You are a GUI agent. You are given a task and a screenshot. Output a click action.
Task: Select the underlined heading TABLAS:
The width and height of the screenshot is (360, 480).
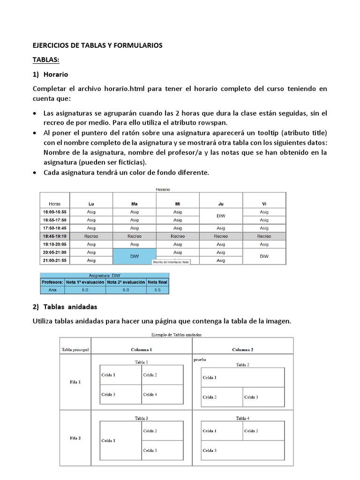pyautogui.click(x=46, y=60)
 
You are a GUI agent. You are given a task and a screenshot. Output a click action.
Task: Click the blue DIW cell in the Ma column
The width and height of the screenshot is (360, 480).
pyautogui.click(x=134, y=256)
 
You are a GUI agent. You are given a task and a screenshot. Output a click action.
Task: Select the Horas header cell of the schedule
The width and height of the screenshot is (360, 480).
pyautogui.click(x=54, y=204)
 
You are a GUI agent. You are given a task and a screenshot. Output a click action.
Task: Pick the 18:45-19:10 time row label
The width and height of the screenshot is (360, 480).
pyautogui.click(x=55, y=236)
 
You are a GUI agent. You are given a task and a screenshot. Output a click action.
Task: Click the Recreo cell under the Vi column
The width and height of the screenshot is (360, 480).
pyautogui.click(x=264, y=236)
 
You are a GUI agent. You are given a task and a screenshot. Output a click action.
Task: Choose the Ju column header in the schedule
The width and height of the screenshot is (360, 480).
pyautogui.click(x=221, y=204)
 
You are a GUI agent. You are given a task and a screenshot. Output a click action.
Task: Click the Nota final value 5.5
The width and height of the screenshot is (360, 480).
pyautogui.click(x=157, y=290)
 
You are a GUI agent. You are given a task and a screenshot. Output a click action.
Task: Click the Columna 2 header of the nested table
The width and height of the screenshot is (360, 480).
pyautogui.click(x=242, y=350)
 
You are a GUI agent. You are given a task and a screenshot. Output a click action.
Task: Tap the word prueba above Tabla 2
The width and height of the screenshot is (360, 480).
pyautogui.click(x=200, y=360)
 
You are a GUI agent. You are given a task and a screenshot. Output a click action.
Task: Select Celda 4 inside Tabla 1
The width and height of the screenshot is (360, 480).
pyautogui.click(x=150, y=395)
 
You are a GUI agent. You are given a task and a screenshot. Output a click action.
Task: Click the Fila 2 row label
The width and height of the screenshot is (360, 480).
pyautogui.click(x=75, y=438)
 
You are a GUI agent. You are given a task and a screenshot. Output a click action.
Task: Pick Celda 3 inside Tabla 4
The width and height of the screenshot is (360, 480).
pyautogui.click(x=210, y=450)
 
